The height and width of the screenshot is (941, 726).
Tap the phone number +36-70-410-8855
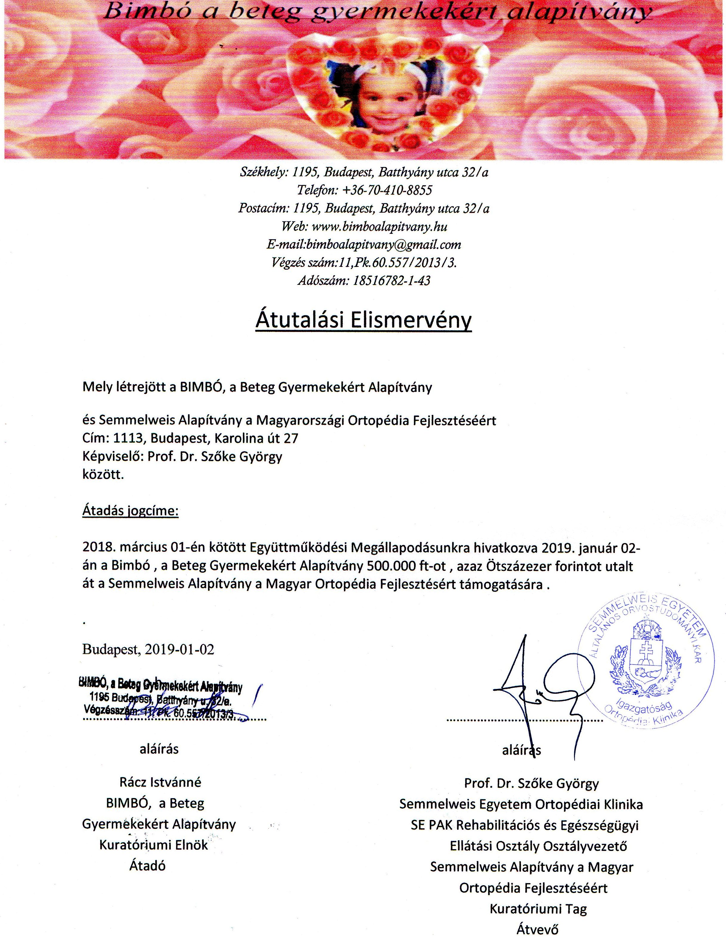pyautogui.click(x=387, y=190)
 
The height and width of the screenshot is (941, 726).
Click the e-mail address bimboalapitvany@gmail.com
pyautogui.click(x=383, y=245)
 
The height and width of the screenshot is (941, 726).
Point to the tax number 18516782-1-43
pyautogui.click(x=391, y=281)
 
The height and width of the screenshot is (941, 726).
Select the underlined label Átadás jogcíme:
pyautogui.click(x=130, y=512)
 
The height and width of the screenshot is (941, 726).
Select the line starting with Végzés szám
pyautogui.click(x=364, y=263)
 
